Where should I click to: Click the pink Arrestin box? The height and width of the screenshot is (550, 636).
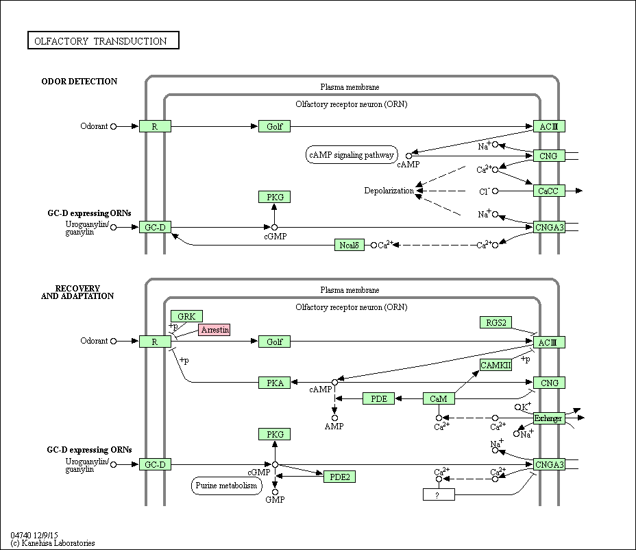pyautogui.click(x=214, y=330)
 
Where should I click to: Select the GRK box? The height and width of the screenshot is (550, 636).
pyautogui.click(x=186, y=316)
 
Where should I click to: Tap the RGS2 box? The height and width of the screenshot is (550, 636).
pyautogui.click(x=496, y=322)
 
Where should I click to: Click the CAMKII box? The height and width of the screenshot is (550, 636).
pyautogui.click(x=496, y=365)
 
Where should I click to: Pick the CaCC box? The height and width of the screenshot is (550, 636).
pyautogui.click(x=549, y=191)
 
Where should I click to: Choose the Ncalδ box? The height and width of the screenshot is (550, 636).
pyautogui.click(x=350, y=245)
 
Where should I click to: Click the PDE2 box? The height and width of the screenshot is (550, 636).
pyautogui.click(x=339, y=477)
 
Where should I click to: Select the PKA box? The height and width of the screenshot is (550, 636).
pyautogui.click(x=275, y=383)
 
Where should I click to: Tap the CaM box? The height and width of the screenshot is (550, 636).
pyautogui.click(x=439, y=398)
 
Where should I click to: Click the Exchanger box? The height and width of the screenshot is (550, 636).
pyautogui.click(x=548, y=418)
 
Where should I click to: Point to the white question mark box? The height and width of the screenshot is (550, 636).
pyautogui.click(x=439, y=494)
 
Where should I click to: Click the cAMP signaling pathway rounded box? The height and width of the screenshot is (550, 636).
pyautogui.click(x=352, y=155)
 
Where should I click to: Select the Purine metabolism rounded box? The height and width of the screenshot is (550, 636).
pyautogui.click(x=226, y=486)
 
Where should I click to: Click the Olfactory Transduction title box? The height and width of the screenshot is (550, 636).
pyautogui.click(x=103, y=40)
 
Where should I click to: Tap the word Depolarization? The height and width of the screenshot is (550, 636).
pyautogui.click(x=389, y=191)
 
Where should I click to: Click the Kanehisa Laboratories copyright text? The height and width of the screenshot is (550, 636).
pyautogui.click(x=53, y=543)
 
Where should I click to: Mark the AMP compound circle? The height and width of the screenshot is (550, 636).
pyautogui.click(x=334, y=418)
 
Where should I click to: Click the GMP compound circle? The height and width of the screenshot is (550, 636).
pyautogui.click(x=275, y=492)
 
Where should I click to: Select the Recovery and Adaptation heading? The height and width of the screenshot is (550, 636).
pyautogui.click(x=77, y=292)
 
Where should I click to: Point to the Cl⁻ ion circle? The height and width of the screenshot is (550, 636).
pyautogui.click(x=496, y=191)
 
